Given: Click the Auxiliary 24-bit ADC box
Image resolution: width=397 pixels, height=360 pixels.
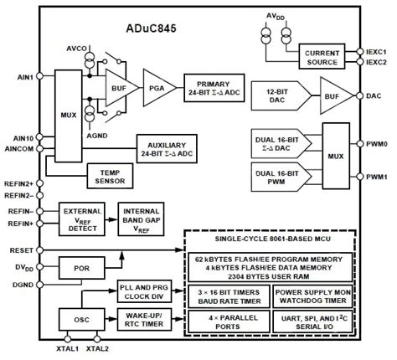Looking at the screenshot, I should click(x=168, y=148).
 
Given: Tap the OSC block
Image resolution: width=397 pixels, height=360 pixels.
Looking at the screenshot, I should click(x=82, y=319).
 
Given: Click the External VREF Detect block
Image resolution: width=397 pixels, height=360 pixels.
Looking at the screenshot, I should click(x=82, y=219).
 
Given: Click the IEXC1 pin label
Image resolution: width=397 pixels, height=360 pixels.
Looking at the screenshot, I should click(x=378, y=50).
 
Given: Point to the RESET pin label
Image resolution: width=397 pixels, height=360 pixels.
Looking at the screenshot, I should click(x=19, y=249).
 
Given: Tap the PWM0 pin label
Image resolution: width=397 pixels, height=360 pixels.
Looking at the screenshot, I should click(x=377, y=144).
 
